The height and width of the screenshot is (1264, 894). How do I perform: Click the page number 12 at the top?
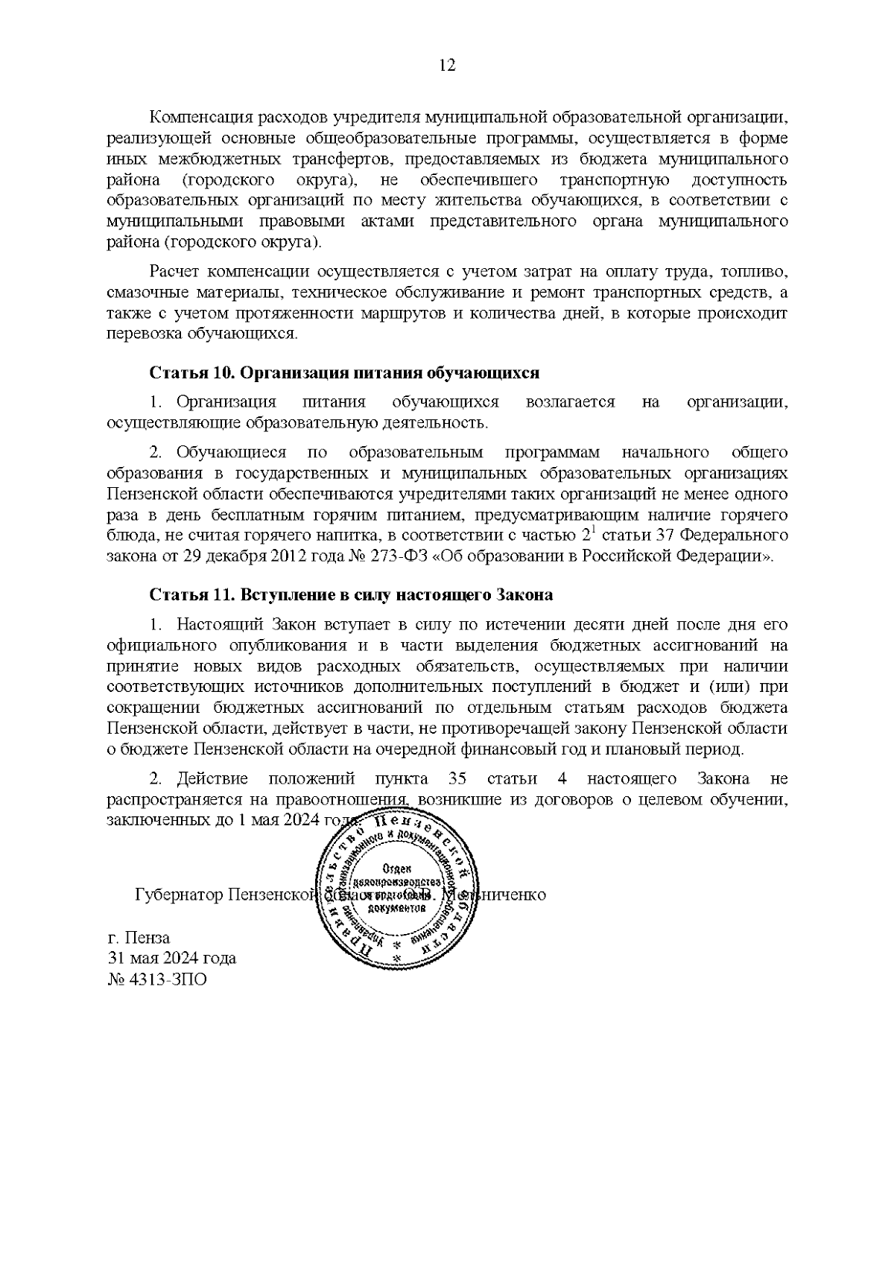447,66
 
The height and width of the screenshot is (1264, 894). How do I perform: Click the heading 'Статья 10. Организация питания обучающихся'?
343,372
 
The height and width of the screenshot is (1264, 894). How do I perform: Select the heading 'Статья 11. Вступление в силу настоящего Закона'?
351,595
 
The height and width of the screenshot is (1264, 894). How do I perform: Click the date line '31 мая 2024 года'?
171,959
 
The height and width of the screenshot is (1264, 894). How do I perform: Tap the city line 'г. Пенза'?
139,939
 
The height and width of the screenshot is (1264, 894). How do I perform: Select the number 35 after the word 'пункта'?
458,779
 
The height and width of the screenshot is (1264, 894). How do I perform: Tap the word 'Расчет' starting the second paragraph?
175,271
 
